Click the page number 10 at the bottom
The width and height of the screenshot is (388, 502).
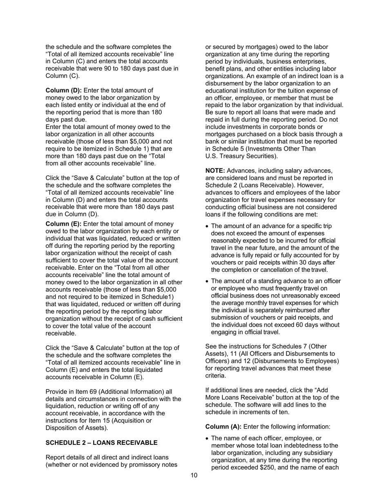coord(194,475)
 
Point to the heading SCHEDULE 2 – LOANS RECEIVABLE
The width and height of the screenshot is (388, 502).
coord(101,443)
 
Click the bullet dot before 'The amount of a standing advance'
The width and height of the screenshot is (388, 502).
coord(207,281)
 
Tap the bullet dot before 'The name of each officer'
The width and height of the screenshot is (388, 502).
coord(207,439)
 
